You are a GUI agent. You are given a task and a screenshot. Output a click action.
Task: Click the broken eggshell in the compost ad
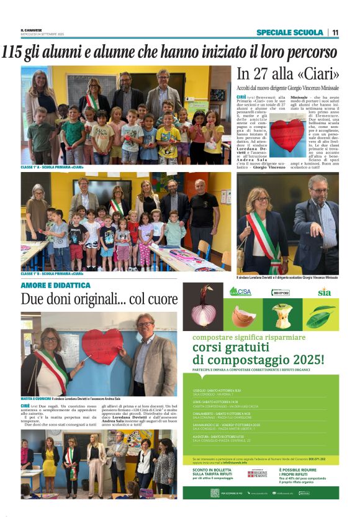pos(243,316)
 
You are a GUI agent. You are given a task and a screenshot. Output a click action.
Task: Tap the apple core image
pos(282,316)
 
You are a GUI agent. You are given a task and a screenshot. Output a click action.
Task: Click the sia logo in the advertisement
pos(324,292)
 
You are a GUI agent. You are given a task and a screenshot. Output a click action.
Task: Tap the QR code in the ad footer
pos(215,493)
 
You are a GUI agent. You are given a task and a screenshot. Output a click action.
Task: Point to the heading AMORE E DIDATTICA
pos(55,285)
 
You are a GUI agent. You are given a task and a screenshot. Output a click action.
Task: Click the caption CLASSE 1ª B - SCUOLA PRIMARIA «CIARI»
pos(52,273)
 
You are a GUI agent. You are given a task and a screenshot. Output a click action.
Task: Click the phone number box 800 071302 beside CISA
pos(281,292)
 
